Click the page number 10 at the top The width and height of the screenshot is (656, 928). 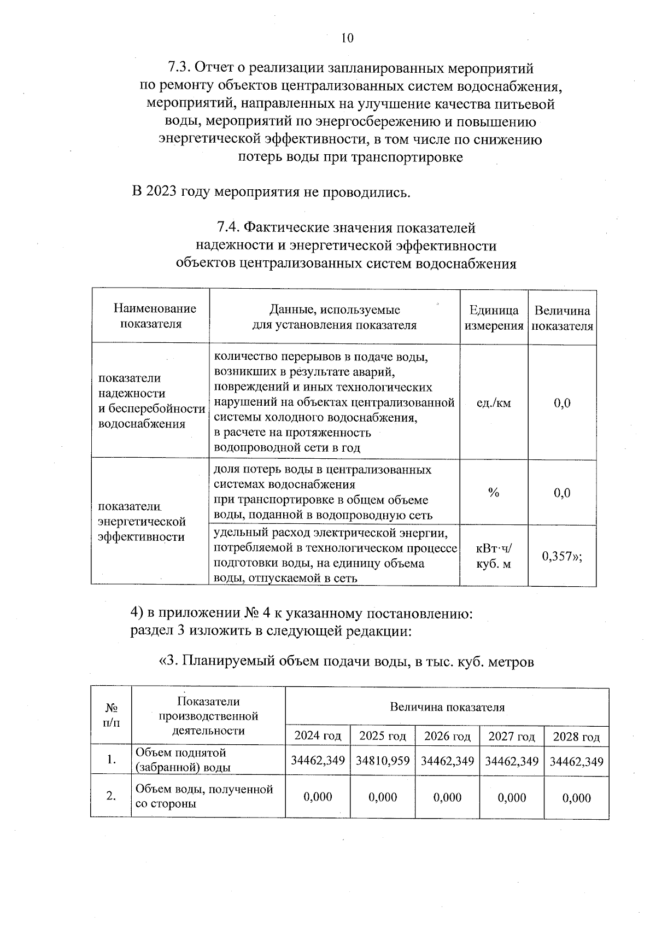point(347,38)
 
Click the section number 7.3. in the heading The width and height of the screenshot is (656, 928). point(179,68)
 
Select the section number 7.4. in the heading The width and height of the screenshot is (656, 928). point(229,227)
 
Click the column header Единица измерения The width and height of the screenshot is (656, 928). point(494,318)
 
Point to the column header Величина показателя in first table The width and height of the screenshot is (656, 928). point(562,318)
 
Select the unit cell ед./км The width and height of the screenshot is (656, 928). point(494,403)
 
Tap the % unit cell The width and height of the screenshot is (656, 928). point(494,493)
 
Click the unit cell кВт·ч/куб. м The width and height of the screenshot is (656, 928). point(494,556)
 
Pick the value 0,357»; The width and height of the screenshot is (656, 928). point(561,556)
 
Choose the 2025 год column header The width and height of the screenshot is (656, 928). point(382,736)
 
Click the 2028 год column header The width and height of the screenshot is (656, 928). point(576,736)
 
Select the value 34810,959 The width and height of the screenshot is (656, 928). point(382,761)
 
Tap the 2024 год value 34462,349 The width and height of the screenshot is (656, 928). point(318,761)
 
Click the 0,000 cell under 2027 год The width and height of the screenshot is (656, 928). point(512,797)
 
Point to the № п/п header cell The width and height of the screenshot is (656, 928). point(111,715)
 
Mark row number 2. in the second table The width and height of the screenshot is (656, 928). point(111,796)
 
